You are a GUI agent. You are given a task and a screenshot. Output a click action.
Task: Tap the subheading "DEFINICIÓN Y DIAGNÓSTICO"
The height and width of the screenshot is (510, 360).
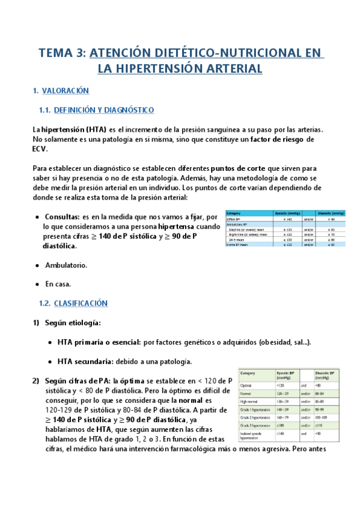[104, 110]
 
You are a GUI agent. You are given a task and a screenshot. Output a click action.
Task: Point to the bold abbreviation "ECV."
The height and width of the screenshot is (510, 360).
[40, 149]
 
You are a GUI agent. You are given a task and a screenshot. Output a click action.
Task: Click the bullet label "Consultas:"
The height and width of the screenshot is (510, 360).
[63, 216]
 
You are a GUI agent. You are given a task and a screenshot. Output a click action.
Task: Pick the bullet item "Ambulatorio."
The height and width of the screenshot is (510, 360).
[66, 265]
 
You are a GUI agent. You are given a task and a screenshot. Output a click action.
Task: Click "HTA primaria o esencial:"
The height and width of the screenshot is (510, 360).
[99, 342]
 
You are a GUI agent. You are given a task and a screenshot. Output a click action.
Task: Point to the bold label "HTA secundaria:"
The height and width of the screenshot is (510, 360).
[90, 361]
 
